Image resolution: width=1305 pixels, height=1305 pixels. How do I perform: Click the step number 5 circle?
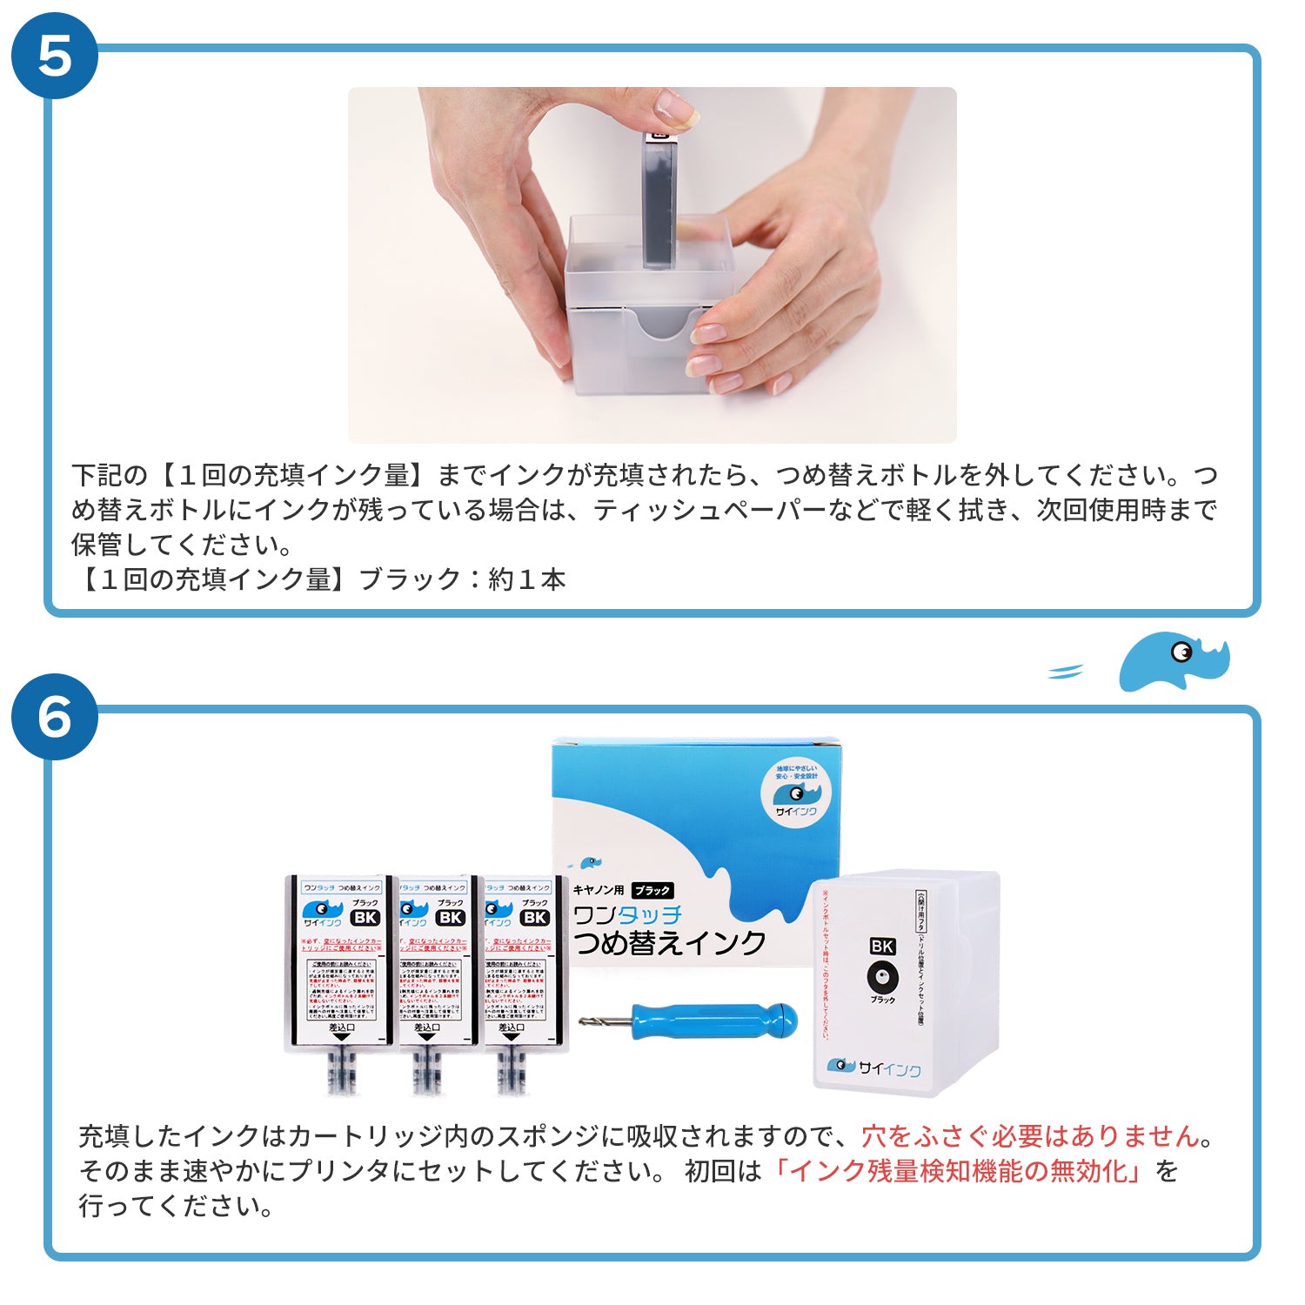coord(54,56)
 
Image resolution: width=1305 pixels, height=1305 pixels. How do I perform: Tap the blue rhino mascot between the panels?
coord(1174,661)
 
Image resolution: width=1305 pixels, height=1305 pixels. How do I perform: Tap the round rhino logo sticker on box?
coord(795,793)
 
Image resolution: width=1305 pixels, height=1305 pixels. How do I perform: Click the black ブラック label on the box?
coord(652,890)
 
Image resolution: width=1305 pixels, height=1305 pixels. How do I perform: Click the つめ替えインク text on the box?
coord(669,943)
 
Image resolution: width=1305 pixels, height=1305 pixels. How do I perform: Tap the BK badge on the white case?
coord(882,946)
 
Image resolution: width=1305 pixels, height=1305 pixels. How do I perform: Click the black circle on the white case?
coord(882,977)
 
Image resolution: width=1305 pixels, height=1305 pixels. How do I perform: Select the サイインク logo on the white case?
coord(873,1067)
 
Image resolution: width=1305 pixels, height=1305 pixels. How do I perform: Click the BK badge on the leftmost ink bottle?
coord(365,917)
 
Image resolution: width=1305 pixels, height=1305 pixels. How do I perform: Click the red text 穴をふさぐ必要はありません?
coord(1031,1136)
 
